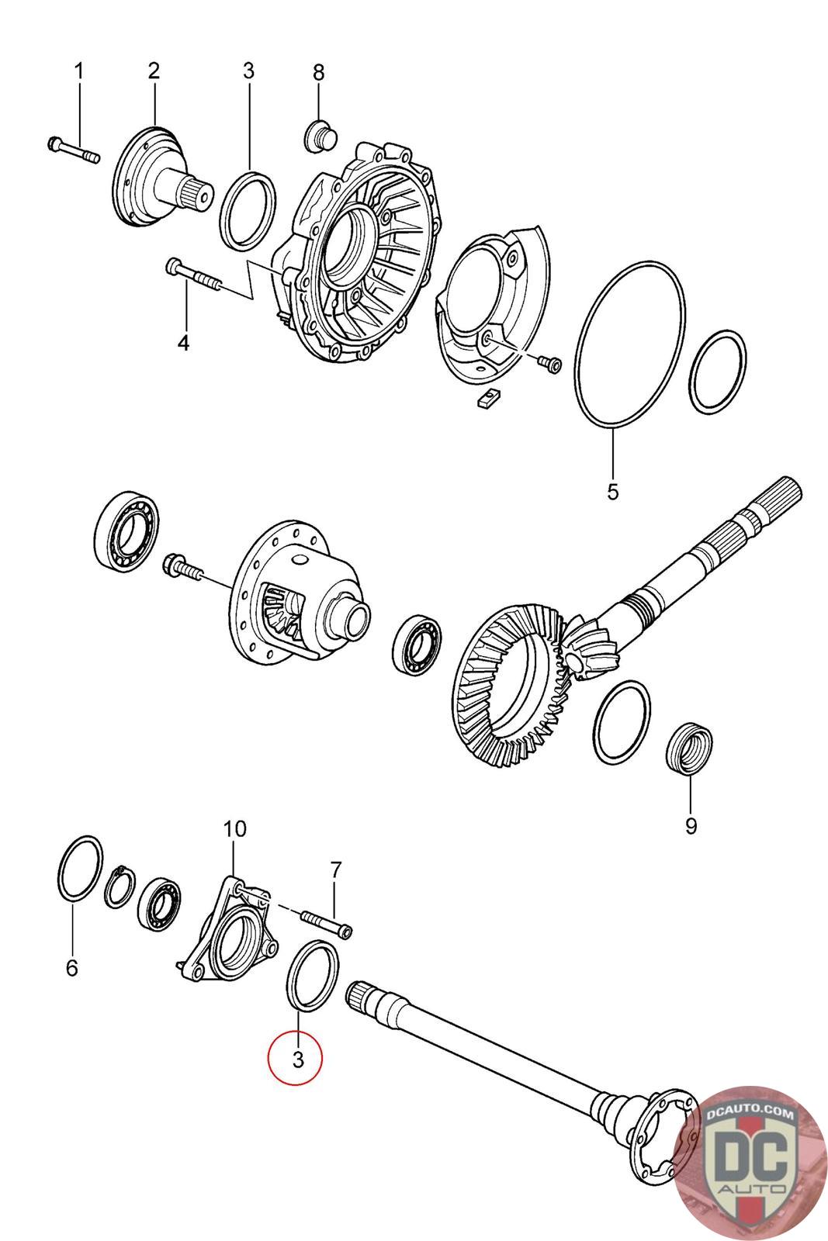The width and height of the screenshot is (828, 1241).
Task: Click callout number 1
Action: tap(78, 71)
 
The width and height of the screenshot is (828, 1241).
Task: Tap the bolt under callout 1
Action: tap(73, 150)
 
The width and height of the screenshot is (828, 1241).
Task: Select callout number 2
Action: tap(154, 71)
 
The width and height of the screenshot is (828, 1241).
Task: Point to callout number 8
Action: tap(318, 72)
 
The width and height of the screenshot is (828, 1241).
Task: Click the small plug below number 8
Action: tap(317, 137)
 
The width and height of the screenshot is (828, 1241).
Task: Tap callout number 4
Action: tap(183, 342)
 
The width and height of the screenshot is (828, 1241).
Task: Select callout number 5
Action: tap(613, 491)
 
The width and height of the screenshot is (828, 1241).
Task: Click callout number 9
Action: tap(690, 826)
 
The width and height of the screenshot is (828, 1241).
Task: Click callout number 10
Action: tap(234, 828)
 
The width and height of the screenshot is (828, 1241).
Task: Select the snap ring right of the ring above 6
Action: tap(120, 884)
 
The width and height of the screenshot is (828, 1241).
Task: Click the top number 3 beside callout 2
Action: tap(248, 71)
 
